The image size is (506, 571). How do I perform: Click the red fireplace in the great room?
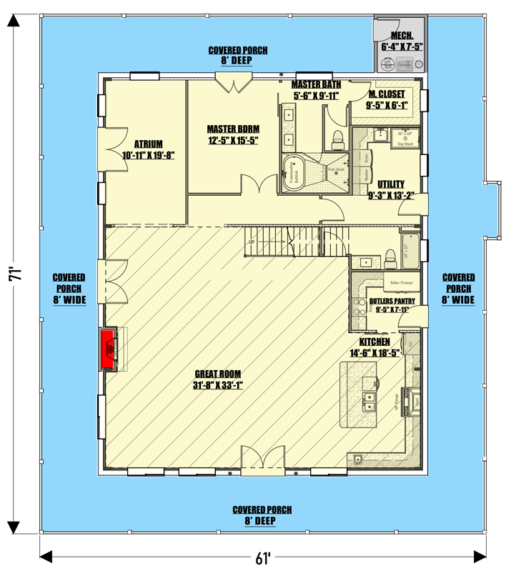(x=109, y=348)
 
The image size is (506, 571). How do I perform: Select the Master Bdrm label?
(x=232, y=134)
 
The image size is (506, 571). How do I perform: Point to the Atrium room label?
(x=149, y=149)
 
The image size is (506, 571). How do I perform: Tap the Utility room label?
(x=391, y=189)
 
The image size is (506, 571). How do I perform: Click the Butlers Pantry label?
(x=387, y=305)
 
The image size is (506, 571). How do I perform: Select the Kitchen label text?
(x=374, y=347)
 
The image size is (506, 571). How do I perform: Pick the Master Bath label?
(x=316, y=89)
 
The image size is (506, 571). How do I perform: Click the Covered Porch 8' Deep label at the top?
(x=238, y=56)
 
